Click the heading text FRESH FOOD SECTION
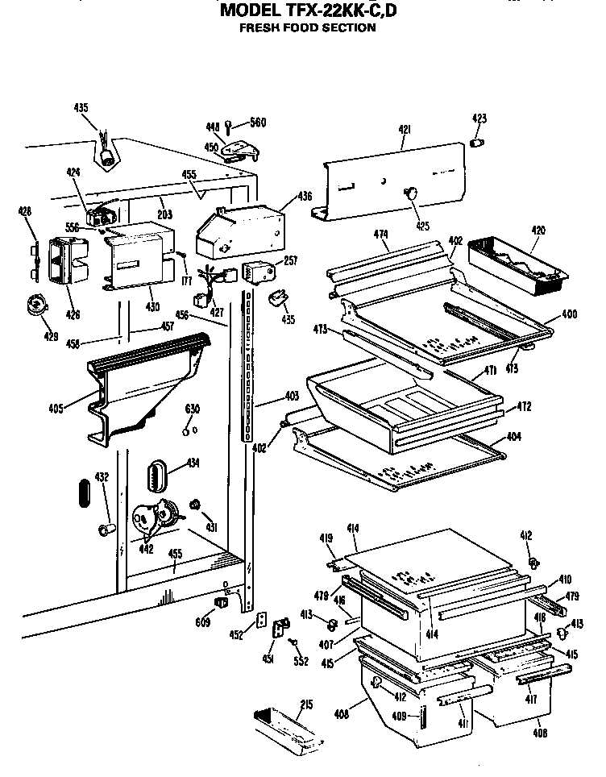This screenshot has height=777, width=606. click(308, 27)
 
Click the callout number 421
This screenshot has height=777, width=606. click(405, 129)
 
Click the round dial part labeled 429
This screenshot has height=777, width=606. click(35, 305)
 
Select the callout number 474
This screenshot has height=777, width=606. click(381, 235)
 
